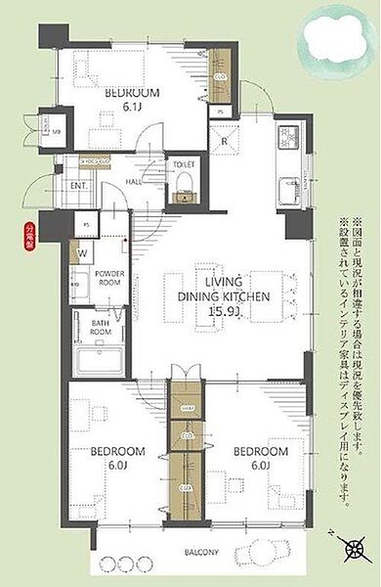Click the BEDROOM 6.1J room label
click(132, 101)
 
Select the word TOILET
click(183, 165)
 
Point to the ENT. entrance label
click(79, 185)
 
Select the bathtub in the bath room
click(96, 355)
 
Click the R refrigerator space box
click(225, 140)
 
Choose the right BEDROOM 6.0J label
click(262, 458)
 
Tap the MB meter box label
click(57, 132)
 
